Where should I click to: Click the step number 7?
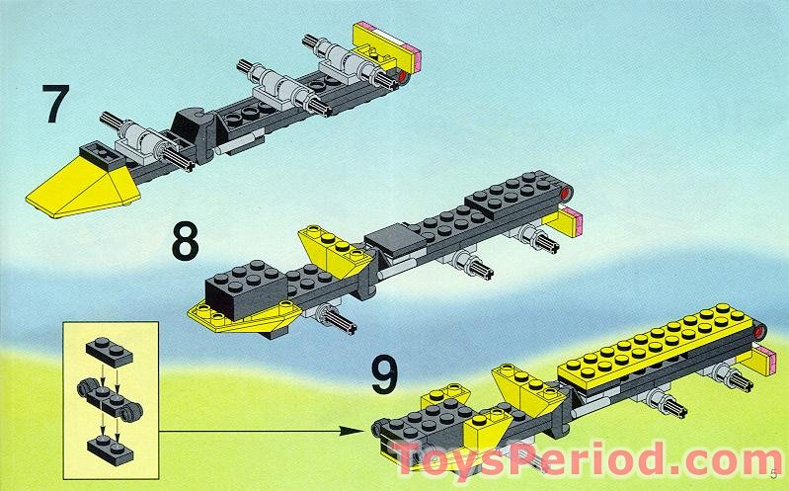pos(55,104)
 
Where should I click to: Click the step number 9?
pos(384,374)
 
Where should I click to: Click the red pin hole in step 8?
pos(567,193)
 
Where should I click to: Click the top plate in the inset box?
pos(109,351)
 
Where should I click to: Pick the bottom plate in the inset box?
pos(111,450)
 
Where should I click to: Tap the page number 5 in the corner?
pos(774,474)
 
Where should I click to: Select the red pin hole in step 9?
pos(758,331)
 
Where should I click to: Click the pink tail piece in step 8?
pos(573,222)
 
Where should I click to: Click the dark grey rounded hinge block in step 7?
pos(193,132)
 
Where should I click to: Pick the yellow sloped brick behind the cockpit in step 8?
pos(334,251)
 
